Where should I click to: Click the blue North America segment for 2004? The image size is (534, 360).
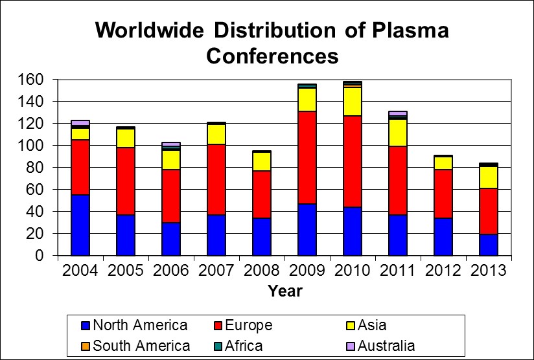point(80,225)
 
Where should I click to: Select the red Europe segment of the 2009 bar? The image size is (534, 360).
point(307,157)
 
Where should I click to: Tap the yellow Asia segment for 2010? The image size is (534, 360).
point(353,102)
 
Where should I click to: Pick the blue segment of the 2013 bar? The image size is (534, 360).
point(489,245)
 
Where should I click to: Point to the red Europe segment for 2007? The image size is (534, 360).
point(216,179)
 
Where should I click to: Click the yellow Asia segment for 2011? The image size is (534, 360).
point(398,133)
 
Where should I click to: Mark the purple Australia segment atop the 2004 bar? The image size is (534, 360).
point(80,122)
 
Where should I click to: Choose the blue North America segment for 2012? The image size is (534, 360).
point(443,237)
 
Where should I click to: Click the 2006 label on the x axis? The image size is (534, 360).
point(171,271)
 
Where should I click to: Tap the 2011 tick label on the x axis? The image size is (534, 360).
point(398,271)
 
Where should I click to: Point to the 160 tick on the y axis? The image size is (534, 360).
point(30,80)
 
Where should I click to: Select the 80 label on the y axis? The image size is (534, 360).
point(35,168)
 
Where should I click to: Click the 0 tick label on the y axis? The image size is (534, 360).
point(40,256)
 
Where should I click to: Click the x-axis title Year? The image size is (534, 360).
point(285,291)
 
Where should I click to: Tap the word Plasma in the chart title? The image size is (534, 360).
point(410,30)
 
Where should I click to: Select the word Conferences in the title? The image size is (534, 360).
point(272,56)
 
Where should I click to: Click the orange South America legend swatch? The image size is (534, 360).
point(86,346)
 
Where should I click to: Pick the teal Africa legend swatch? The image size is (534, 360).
point(218,346)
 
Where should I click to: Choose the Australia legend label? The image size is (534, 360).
point(386,346)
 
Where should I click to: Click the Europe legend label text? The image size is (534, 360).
point(249,325)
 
